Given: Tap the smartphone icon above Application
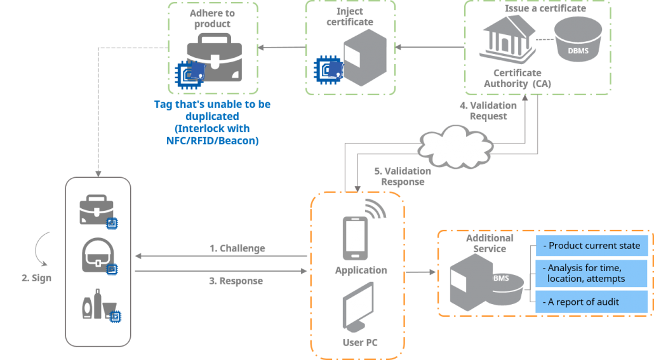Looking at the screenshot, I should (354, 238).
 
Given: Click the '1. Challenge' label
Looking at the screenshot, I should (237, 248).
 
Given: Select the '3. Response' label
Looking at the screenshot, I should (236, 280).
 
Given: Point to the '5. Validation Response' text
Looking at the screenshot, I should (402, 176).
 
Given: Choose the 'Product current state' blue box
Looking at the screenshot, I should (591, 246).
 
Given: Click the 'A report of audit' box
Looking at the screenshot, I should (591, 302).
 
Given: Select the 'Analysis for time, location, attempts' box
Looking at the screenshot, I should (591, 273).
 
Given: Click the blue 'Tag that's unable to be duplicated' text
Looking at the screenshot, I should (212, 123).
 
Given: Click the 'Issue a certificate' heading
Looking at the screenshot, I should (545, 8).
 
